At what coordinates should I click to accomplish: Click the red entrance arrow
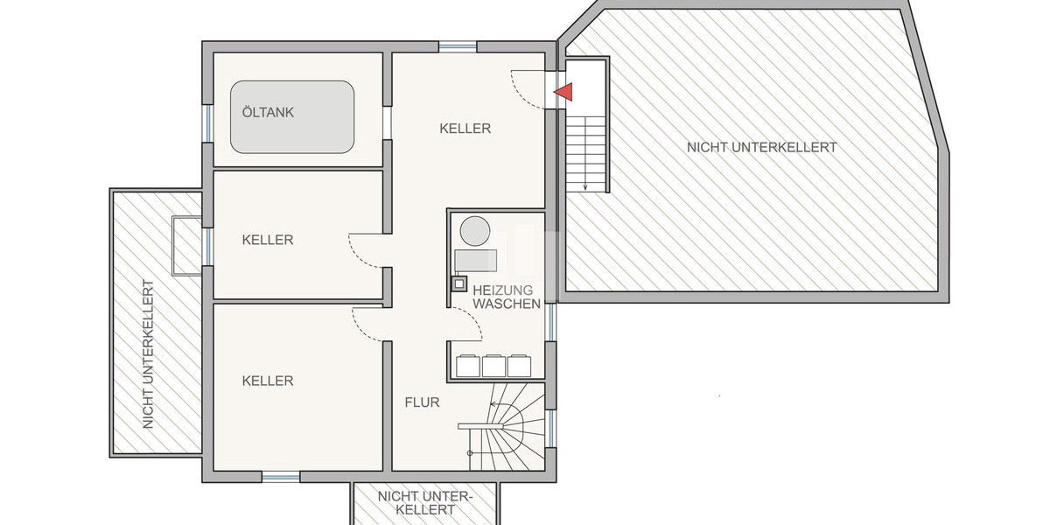point(564,92)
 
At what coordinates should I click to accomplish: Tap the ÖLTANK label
point(268,113)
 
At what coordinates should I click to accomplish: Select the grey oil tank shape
point(292,116)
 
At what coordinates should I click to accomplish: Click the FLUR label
point(422,402)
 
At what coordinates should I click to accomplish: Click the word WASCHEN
point(507,304)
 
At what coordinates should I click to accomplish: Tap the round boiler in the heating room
point(475,231)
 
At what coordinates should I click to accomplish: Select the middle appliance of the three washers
point(493,366)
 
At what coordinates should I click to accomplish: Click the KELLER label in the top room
point(465,129)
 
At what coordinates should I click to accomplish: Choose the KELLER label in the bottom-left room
point(268,381)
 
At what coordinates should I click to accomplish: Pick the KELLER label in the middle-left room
point(268,240)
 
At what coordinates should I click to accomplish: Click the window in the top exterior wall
point(458,47)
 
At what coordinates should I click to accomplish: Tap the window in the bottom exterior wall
point(281,477)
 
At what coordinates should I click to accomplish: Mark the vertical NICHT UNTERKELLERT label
point(148,354)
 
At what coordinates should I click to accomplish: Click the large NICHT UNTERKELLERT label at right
point(762,147)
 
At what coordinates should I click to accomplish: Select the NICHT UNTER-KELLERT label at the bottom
point(425,503)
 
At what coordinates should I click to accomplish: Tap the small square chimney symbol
point(458,283)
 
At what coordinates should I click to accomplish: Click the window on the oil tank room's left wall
point(207,123)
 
